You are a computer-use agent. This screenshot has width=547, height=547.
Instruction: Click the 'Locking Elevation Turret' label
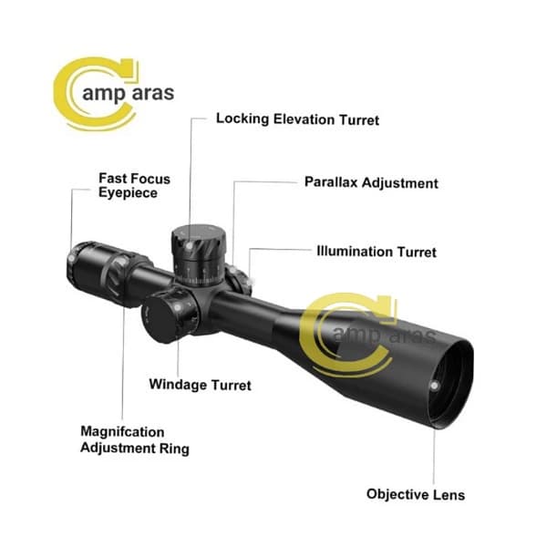pyautogui.click(x=297, y=119)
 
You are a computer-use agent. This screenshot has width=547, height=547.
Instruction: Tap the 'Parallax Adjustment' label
pyautogui.click(x=371, y=182)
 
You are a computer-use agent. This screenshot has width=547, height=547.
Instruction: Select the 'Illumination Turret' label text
pyautogui.click(x=377, y=252)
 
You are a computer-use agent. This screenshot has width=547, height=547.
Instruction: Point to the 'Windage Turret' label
pyautogui.click(x=200, y=385)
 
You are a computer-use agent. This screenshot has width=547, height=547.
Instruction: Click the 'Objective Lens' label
pyautogui.click(x=416, y=495)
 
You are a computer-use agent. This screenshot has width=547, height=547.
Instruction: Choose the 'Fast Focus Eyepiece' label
pyautogui.click(x=134, y=185)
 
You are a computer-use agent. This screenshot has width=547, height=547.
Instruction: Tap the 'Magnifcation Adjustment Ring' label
pyautogui.click(x=135, y=440)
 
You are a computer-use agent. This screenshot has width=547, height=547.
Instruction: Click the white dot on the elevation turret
pyautogui.click(x=189, y=246)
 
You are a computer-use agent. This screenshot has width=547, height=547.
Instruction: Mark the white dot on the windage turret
pyautogui.click(x=177, y=308)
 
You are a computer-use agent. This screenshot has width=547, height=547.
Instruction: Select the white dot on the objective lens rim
pyautogui.click(x=434, y=386)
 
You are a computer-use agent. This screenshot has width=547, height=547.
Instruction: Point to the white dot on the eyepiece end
pyautogui.click(x=71, y=259)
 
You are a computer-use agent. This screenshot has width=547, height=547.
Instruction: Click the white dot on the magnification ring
pyautogui.click(x=123, y=262)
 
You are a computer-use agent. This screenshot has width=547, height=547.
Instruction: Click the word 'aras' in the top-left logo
pyautogui.click(x=153, y=93)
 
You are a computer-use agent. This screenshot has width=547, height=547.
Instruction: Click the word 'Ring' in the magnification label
pyautogui.click(x=174, y=449)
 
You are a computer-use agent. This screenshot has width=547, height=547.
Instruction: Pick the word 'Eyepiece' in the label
pyautogui.click(x=128, y=192)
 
